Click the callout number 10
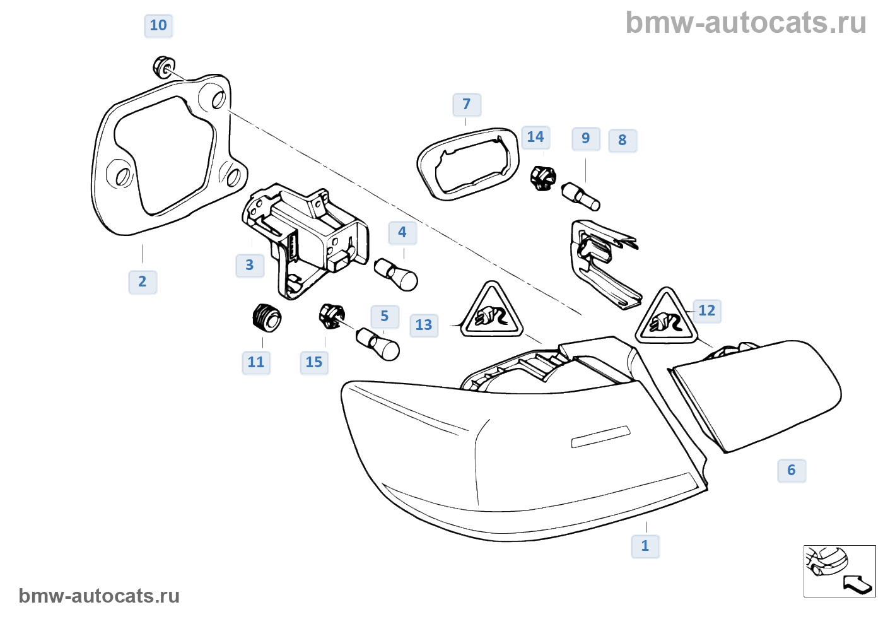point(158,26)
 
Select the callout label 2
point(143,281)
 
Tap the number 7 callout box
point(467,105)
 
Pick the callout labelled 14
point(535,138)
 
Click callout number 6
point(792,470)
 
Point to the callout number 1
point(645,546)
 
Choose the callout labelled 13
point(424,326)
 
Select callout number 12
point(707,310)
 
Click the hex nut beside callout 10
point(164,66)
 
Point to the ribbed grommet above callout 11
point(266,317)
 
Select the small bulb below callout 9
point(580,196)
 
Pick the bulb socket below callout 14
point(542,177)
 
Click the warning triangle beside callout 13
point(492,312)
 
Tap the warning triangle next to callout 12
point(666,318)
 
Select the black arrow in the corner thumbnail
point(858,584)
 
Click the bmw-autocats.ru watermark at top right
point(746,23)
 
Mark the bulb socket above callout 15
point(332,315)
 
